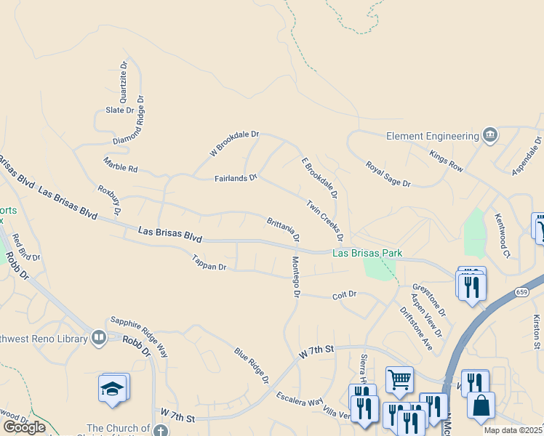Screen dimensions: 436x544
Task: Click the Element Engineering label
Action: click(x=432, y=136)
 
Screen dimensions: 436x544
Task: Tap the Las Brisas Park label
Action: click(x=367, y=254)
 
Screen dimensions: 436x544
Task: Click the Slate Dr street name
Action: click(x=120, y=110)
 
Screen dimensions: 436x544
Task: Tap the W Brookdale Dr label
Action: click(x=234, y=143)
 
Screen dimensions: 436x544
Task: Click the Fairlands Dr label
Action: click(x=236, y=177)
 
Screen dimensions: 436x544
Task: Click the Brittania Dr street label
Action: click(x=283, y=228)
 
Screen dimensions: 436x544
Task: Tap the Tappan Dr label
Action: click(x=209, y=262)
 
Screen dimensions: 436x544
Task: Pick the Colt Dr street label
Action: click(x=344, y=294)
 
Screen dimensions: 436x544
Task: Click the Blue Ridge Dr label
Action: click(x=252, y=366)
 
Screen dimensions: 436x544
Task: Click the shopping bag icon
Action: click(x=481, y=405)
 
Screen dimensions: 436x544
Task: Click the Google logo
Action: click(x=24, y=427)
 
